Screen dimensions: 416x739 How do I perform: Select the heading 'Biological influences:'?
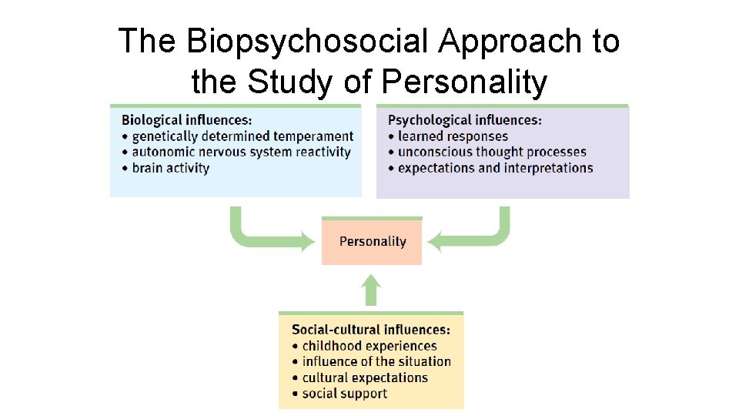click(x=186, y=119)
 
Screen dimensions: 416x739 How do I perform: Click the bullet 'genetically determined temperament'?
click(x=242, y=136)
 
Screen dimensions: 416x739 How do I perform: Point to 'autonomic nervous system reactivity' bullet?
click(x=241, y=153)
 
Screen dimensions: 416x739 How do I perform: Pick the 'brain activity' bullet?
click(x=170, y=168)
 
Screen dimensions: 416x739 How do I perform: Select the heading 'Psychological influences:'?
click(x=464, y=119)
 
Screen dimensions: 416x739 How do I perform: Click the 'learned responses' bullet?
click(x=453, y=136)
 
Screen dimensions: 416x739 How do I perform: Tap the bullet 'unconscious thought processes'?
click(x=492, y=152)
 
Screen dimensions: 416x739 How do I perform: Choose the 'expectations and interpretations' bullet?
click(x=495, y=168)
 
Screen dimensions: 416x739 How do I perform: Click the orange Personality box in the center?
click(x=372, y=242)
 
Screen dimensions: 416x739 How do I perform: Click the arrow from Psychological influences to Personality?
click(x=477, y=236)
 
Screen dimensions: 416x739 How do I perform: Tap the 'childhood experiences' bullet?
click(x=369, y=346)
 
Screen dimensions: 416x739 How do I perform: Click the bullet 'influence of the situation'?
click(x=376, y=361)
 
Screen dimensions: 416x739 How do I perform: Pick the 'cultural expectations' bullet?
click(x=364, y=377)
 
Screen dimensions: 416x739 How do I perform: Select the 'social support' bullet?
click(x=344, y=394)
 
